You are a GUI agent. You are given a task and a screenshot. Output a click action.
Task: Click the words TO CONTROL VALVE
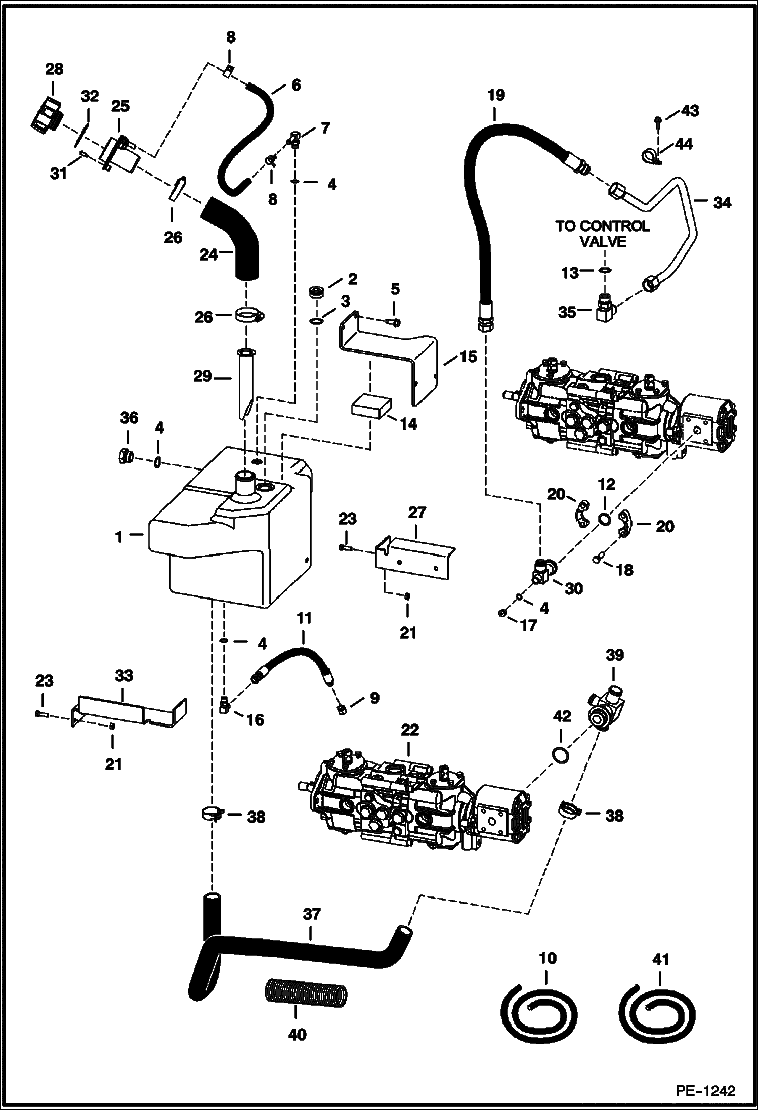[x=602, y=234]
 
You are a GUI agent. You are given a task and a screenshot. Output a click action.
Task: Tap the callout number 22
[x=409, y=730]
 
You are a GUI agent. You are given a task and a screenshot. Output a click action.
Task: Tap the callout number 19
[x=496, y=96]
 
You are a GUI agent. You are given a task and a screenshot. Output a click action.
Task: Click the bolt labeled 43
[x=658, y=120]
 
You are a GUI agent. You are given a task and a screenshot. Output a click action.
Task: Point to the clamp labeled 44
[x=651, y=157]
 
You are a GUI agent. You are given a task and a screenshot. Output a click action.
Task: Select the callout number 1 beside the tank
[x=119, y=537]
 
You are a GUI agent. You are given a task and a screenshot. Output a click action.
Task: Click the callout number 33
[x=124, y=675]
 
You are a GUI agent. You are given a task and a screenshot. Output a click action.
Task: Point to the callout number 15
[x=469, y=357]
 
